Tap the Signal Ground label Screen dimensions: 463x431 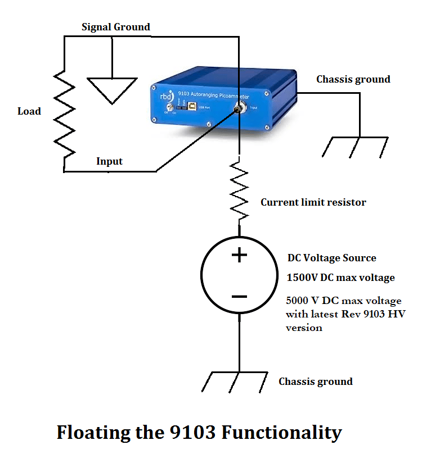pyautogui.click(x=116, y=27)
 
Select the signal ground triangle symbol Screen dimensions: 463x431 pyautogui.click(x=113, y=90)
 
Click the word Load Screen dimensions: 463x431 pyautogui.click(x=29, y=111)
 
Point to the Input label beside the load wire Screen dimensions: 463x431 pyautogui.click(x=109, y=161)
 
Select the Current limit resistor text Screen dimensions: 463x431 pyautogui.click(x=313, y=202)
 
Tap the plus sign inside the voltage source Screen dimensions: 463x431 pyautogui.click(x=240, y=256)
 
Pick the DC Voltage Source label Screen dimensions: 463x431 pyautogui.click(x=332, y=258)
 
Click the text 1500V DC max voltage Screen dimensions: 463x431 pyautogui.click(x=340, y=278)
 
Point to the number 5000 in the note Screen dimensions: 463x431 pyautogui.click(x=298, y=301)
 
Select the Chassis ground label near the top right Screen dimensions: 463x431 pyautogui.click(x=353, y=79)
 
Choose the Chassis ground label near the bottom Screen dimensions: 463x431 pyautogui.click(x=315, y=382)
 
